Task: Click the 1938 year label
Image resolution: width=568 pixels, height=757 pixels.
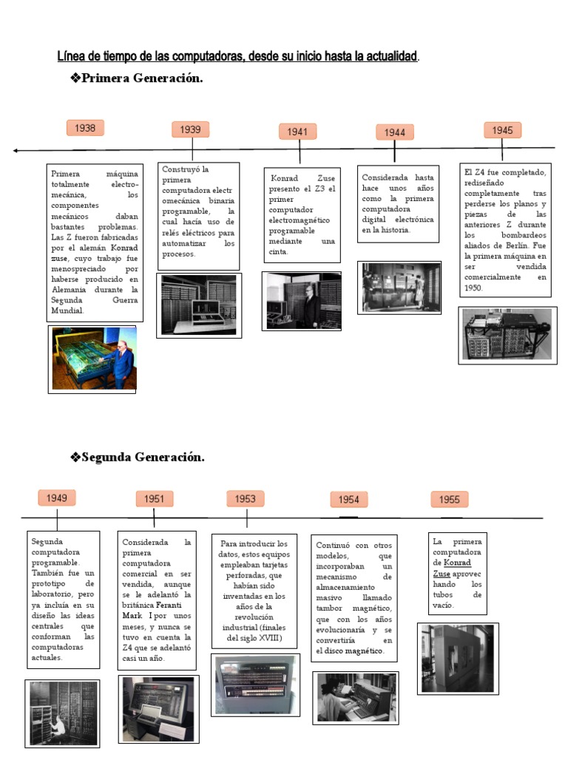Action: pyautogui.click(x=85, y=128)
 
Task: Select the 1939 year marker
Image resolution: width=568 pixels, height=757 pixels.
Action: pyautogui.click(x=190, y=129)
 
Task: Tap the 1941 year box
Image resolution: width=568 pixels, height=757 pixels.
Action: pyautogui.click(x=297, y=132)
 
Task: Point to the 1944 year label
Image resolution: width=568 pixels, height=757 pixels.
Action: pyautogui.click(x=394, y=132)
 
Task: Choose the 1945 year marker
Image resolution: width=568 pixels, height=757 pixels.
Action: pyautogui.click(x=502, y=130)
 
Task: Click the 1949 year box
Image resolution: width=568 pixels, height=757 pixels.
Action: pyautogui.click(x=57, y=498)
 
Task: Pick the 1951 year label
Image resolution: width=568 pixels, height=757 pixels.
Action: pyautogui.click(x=154, y=499)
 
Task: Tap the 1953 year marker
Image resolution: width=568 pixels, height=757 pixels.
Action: pyautogui.click(x=245, y=499)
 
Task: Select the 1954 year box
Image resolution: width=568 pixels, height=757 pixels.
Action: pyautogui.click(x=348, y=500)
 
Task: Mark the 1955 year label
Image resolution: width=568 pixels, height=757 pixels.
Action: pyautogui.click(x=449, y=500)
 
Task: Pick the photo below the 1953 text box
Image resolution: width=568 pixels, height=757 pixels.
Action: pyautogui.click(x=255, y=685)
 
